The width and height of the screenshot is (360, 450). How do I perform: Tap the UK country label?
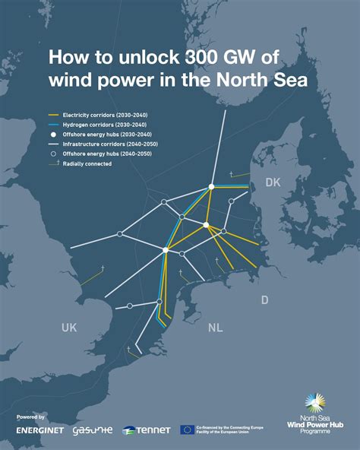tap(70, 327)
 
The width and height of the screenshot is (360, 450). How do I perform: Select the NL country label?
tap(216, 328)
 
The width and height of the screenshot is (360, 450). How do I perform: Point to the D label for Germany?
tap(264, 300)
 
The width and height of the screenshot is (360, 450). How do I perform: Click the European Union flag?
tap(187, 429)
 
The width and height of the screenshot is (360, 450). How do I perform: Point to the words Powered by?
tap(30, 417)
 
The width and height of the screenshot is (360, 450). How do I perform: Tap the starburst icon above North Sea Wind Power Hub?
tap(314, 403)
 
